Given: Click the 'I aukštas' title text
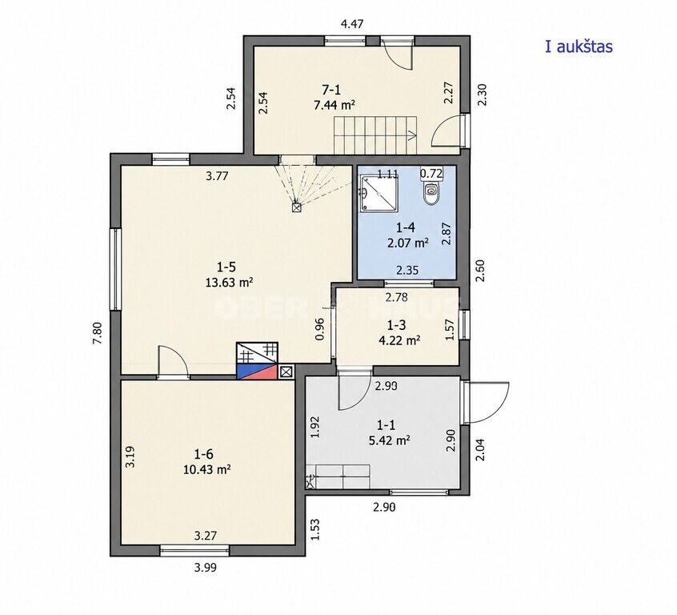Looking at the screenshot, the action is point(579,46).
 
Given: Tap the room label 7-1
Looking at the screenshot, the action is point(331,90).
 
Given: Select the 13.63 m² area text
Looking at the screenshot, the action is point(229,283).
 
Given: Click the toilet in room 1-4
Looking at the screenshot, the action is point(431,193).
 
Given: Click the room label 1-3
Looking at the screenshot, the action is point(396,324).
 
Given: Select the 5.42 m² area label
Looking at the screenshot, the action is point(389,440).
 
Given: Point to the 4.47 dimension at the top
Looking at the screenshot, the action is point(352,24).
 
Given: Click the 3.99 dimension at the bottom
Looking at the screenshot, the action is point(205,568).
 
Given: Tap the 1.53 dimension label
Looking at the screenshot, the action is point(315,529).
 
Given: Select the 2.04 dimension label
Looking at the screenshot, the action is point(480,450).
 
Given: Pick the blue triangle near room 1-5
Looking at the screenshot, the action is point(247,370).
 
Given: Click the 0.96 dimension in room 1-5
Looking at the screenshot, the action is point(320,329).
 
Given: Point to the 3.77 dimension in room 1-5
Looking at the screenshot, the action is point(217,176).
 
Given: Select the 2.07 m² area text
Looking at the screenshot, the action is point(408,243).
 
